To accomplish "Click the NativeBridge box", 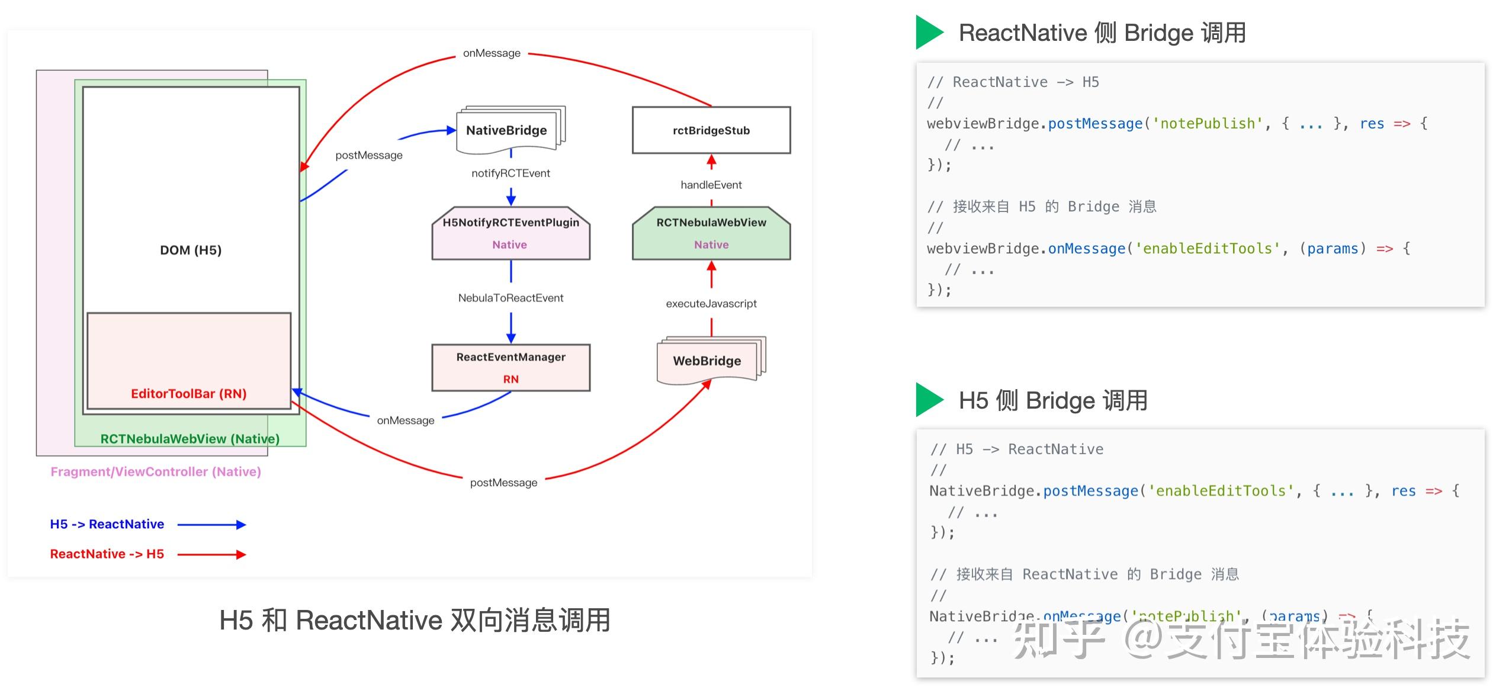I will pos(506,130).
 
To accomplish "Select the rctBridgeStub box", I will pos(711,130).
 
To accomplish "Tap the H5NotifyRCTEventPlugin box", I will pos(511,233).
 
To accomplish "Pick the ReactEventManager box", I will pos(511,367).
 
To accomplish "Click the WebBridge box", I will pos(707,361).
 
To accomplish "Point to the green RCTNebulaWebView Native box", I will pos(711,233).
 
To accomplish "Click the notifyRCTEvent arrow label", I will pos(511,173).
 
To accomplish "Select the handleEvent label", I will pos(711,185).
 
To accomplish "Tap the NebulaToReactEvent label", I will pos(511,298).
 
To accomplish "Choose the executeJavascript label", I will pos(711,304).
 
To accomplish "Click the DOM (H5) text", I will pos(191,250).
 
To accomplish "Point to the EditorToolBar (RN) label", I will pos(189,394).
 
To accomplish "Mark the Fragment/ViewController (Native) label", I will pos(156,471).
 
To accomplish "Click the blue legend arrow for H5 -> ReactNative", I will pos(211,525).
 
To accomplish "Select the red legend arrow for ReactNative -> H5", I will pos(211,555).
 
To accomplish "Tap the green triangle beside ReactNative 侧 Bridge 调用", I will pos(928,32).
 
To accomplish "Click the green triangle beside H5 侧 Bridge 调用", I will pos(928,400).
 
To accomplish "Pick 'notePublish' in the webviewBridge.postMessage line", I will pos(1207,124).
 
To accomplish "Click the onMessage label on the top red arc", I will pos(492,53).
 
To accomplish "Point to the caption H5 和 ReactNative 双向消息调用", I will pos(415,621).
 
